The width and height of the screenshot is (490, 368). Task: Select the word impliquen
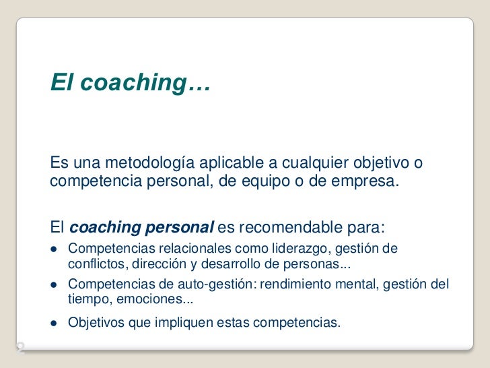pyautogui.click(x=184, y=323)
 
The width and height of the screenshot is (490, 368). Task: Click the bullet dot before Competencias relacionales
pyautogui.click(x=54, y=249)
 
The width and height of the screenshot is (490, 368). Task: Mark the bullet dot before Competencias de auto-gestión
pyautogui.click(x=54, y=284)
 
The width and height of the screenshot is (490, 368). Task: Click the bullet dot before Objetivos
pyautogui.click(x=54, y=323)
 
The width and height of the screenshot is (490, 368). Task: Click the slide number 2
pyautogui.click(x=20, y=348)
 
